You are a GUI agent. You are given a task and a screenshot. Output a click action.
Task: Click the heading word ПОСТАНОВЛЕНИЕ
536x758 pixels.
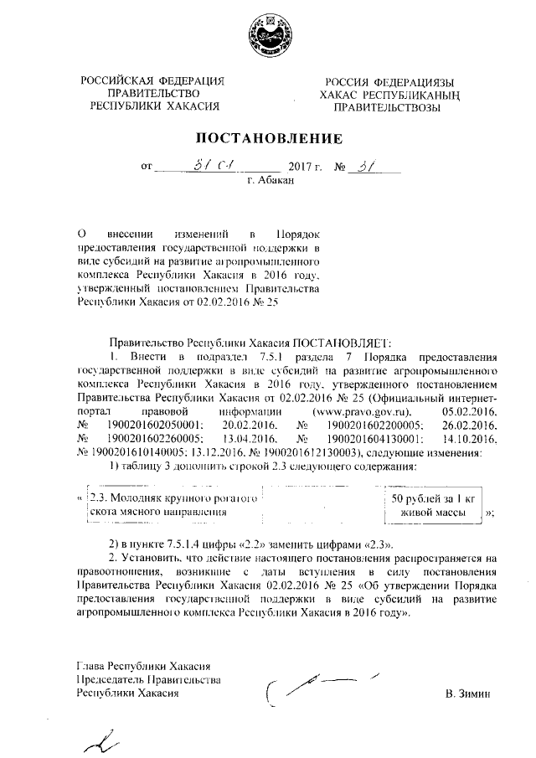269,137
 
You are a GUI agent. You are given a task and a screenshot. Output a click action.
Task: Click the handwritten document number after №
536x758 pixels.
364,164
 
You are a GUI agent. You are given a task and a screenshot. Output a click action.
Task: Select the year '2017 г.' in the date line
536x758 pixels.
305,167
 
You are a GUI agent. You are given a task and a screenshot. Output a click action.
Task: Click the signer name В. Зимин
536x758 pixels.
472,694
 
